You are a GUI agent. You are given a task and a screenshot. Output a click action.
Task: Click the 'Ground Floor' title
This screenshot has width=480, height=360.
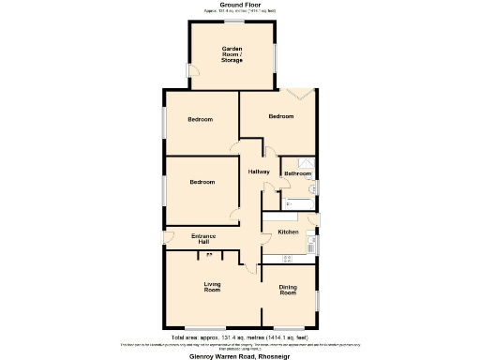(x=240, y=5)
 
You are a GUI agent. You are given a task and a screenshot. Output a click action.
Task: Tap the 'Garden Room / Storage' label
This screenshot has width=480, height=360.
(x=232, y=54)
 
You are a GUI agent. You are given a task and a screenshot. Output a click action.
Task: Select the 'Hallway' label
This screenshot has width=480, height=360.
(x=259, y=172)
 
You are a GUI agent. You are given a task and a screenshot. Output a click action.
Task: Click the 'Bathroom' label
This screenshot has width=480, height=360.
(x=297, y=173)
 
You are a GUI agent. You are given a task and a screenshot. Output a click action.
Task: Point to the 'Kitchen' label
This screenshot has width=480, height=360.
(x=287, y=232)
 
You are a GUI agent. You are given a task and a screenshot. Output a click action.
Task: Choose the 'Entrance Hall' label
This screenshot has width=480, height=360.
(x=204, y=238)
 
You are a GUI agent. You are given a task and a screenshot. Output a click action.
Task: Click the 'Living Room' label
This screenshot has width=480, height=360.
(x=213, y=287)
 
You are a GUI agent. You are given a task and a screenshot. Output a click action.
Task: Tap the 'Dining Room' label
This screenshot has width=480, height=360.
(x=287, y=291)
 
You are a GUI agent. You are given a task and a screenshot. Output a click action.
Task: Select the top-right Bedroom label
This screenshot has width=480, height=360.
(x=281, y=117)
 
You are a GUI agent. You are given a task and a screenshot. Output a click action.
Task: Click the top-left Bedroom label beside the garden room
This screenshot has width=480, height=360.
(x=200, y=119)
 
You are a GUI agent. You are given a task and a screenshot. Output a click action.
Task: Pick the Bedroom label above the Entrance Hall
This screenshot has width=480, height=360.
(x=202, y=182)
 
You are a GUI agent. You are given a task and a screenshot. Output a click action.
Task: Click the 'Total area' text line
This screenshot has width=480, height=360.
(x=240, y=336)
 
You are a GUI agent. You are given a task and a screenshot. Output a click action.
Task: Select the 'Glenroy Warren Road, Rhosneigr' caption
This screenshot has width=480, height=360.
(x=240, y=355)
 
